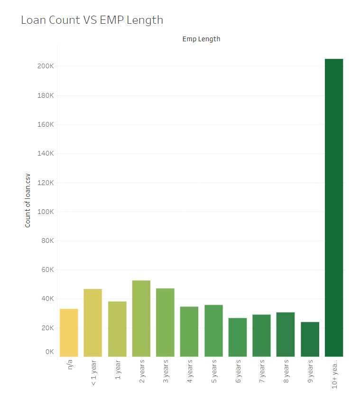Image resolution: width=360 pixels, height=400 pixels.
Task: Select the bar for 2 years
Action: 141,318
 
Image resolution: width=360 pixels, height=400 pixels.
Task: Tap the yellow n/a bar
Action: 69,333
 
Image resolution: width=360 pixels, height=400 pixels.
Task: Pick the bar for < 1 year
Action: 93,323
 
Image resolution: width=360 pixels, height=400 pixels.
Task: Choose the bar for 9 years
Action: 310,339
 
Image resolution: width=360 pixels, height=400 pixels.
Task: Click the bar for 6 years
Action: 238,337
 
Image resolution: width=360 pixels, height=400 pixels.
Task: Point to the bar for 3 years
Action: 165,322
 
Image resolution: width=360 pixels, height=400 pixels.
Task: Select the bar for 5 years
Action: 213,331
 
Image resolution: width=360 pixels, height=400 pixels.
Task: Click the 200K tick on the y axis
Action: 46,66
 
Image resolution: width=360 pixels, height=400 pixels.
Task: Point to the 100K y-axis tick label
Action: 46,212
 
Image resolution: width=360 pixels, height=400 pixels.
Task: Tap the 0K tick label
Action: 49,352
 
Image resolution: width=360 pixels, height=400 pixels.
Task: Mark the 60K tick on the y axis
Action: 47,270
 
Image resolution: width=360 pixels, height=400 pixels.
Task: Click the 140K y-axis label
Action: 46,153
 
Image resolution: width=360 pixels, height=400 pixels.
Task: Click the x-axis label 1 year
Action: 118,370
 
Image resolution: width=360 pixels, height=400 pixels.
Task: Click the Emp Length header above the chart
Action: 201,39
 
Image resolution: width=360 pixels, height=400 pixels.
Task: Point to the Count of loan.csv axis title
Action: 28,201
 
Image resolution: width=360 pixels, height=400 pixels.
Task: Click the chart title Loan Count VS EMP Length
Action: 92,20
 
